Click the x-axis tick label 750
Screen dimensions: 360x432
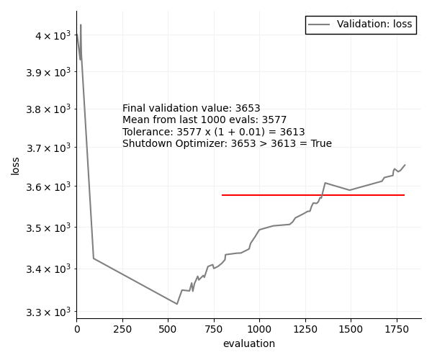tap(214, 328)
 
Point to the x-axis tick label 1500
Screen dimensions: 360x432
tap(351, 328)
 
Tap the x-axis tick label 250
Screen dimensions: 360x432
tap(122, 328)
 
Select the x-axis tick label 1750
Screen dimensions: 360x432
tap(396, 328)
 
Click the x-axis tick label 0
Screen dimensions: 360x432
tap(77, 328)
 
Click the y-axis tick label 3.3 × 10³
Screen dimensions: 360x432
tap(52, 312)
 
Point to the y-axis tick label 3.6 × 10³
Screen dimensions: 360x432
tap(52, 187)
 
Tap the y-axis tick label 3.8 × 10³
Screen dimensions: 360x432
tap(52, 109)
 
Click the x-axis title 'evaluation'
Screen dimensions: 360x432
tap(248, 344)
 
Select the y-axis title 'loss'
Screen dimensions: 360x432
tap(15, 166)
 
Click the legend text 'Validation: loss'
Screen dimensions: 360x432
tap(374, 24)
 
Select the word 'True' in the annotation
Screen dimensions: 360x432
tap(320, 143)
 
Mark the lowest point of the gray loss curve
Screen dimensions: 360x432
tap(177, 304)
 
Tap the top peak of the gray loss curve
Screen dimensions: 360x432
tap(81, 25)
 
